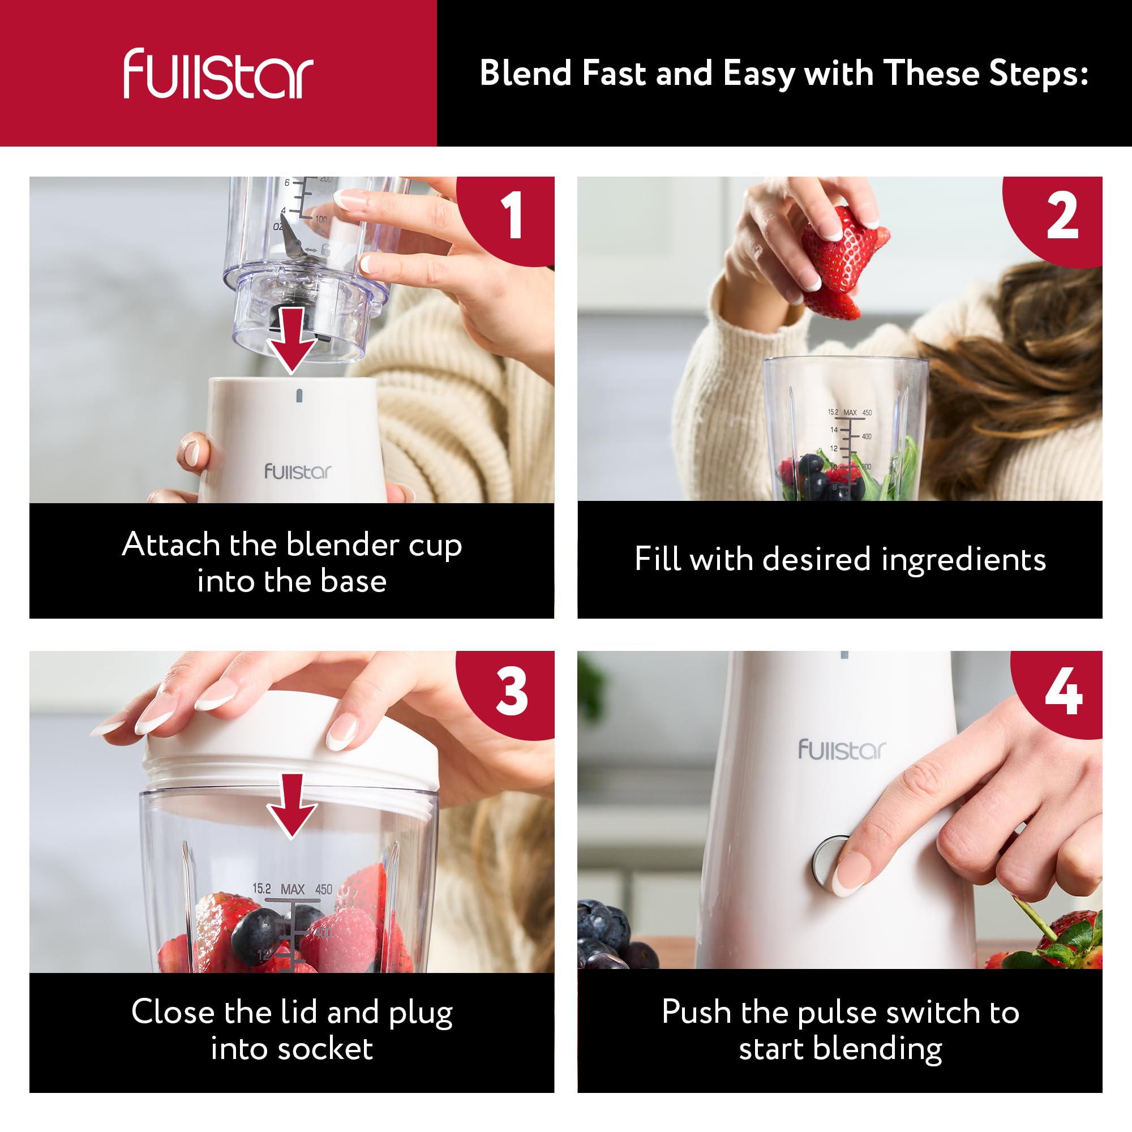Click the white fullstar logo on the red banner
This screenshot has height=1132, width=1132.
pos(218,74)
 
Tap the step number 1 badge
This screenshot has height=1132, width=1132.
pos(507,217)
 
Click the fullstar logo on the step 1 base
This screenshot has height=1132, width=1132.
pos(298,471)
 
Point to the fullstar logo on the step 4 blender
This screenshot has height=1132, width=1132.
pos(842,750)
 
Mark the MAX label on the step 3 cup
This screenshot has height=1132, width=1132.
pos(293,889)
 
